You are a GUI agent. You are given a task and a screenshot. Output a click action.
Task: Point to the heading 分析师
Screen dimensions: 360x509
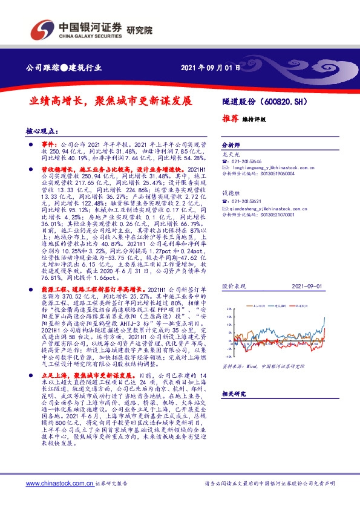coord(231,146)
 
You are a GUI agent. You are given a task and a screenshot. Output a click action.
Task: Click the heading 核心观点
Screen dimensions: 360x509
coord(42,131)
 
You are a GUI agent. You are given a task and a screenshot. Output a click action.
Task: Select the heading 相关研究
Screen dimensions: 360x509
coord(232,394)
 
